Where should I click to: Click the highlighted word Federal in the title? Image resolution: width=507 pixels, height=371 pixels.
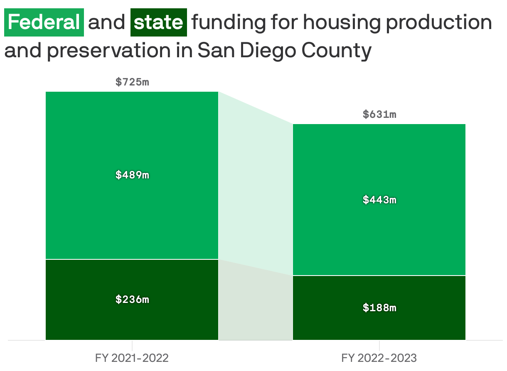(x=44, y=22)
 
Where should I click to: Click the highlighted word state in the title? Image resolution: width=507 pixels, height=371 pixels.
(x=158, y=22)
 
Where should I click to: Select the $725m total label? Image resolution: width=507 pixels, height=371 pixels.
(x=132, y=82)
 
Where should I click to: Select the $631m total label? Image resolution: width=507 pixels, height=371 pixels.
(x=379, y=115)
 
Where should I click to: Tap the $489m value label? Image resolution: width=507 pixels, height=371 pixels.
(x=132, y=175)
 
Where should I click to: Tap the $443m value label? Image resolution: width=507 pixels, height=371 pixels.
(x=379, y=200)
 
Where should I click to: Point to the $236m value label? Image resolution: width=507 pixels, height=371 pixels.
(x=132, y=299)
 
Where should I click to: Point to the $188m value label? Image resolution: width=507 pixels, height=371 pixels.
(x=379, y=308)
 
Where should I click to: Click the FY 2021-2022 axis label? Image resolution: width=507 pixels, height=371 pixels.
(x=132, y=358)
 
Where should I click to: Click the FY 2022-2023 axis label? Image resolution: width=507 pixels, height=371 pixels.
(x=379, y=358)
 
